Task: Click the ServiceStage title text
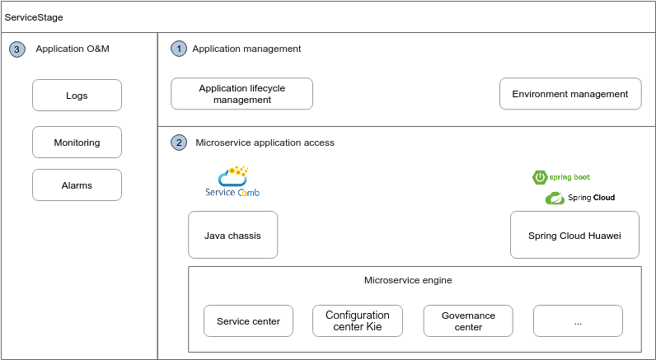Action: point(34,17)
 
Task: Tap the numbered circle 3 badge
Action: point(16,49)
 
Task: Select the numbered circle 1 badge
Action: point(179,49)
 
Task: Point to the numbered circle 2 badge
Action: point(179,143)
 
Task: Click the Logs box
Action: point(77,96)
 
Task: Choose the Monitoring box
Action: point(77,143)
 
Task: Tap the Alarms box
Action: point(77,185)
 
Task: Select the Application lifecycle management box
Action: point(241,94)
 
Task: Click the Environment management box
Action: point(570,94)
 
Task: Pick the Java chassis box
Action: point(232,235)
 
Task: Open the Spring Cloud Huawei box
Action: point(574,235)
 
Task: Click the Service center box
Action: point(249,320)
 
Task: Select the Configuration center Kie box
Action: point(358,320)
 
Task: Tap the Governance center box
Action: point(468,320)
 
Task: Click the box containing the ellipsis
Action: point(579,320)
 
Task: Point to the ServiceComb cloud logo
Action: point(232,176)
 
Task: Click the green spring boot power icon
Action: point(540,177)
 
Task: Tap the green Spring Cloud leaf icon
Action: point(555,199)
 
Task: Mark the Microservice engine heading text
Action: point(408,280)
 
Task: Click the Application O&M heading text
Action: point(73,49)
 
